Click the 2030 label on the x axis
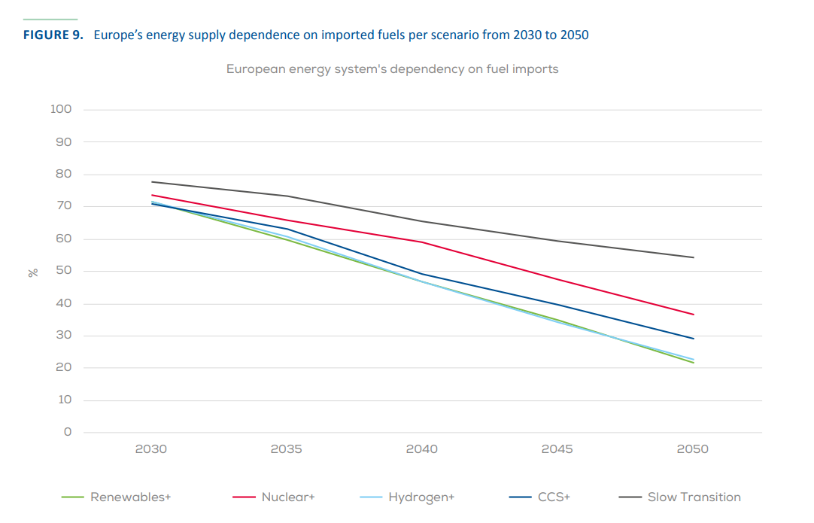150,449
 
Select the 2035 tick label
286,449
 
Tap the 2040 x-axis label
421,449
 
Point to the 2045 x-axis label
557,449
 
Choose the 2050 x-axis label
692,449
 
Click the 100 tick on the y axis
61,109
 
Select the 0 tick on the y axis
68,432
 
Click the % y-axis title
33,272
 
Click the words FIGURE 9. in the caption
53,35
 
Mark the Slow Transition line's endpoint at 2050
693,257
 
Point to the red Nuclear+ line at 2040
421,242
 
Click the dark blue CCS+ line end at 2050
693,339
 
